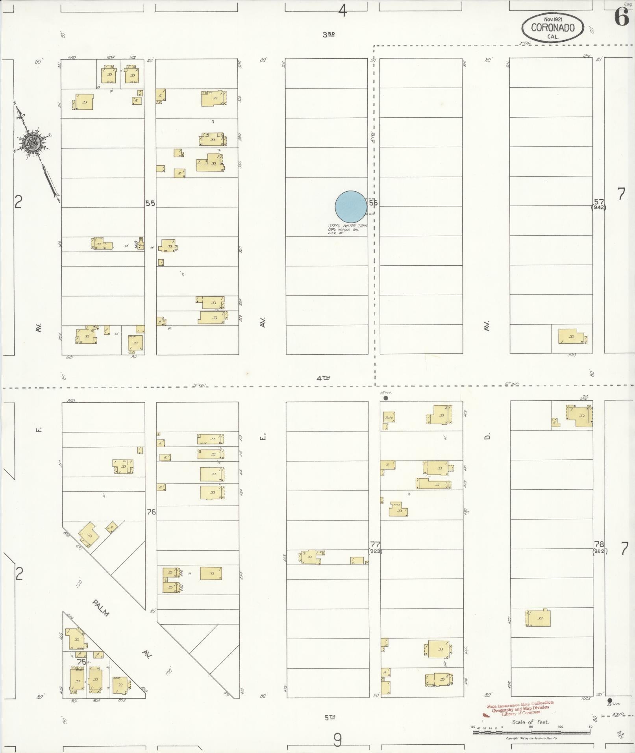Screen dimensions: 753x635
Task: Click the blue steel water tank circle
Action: coord(351,207)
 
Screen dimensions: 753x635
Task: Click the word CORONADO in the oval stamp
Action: coord(552,28)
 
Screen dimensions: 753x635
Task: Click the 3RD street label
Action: coord(328,35)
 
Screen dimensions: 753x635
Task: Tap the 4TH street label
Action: coord(323,378)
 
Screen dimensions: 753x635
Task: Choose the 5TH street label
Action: coord(330,717)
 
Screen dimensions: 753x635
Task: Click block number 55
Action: coord(150,204)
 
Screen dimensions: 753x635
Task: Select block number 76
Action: coord(151,512)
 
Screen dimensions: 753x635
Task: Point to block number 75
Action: coord(81,662)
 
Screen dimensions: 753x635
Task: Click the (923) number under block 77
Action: coord(375,551)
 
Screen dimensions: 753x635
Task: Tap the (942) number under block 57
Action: coord(599,207)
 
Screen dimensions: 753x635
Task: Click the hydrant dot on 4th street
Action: coord(386,398)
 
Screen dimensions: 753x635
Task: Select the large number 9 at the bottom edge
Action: coord(337,740)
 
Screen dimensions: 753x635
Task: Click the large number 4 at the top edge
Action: coord(342,11)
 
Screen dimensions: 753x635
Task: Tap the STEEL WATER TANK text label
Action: coord(348,226)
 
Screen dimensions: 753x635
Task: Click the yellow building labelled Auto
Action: coord(389,417)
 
